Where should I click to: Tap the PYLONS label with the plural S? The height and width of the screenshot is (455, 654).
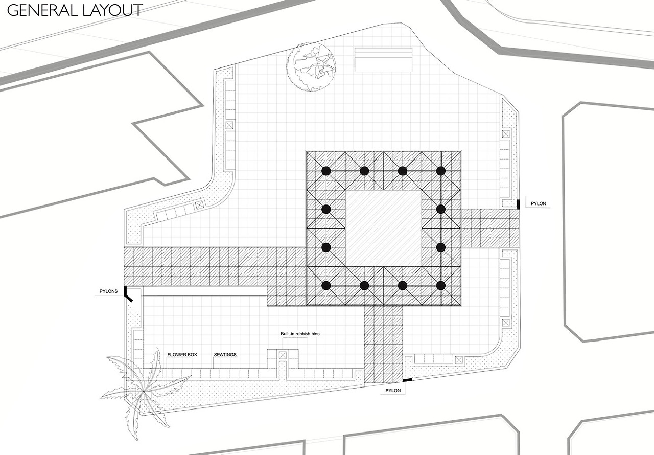click(108, 291)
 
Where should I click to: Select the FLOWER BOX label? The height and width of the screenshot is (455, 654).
click(182, 354)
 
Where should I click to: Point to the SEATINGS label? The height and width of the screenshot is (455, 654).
click(225, 354)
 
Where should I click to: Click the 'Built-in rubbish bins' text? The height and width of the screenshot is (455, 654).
click(300, 334)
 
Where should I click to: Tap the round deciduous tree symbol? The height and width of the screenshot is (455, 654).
click(311, 67)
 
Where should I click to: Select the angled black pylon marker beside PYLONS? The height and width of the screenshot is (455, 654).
click(128, 294)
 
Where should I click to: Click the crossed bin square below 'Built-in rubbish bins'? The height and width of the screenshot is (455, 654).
click(283, 355)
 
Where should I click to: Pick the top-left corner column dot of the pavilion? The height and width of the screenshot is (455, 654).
click(326, 171)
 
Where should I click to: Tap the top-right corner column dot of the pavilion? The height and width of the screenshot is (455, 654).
click(441, 171)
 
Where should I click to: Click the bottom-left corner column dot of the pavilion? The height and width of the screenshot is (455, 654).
click(326, 286)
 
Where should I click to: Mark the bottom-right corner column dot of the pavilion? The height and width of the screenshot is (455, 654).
click(441, 286)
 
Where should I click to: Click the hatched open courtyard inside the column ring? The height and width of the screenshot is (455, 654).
click(383, 229)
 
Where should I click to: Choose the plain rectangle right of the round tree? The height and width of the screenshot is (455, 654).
click(383, 60)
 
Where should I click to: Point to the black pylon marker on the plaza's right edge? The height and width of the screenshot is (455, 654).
click(518, 204)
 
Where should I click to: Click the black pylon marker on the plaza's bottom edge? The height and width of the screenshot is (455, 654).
click(407, 380)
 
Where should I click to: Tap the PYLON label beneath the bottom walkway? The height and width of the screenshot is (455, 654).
click(393, 391)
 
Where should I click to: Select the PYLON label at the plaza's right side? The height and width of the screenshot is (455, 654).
click(539, 203)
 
